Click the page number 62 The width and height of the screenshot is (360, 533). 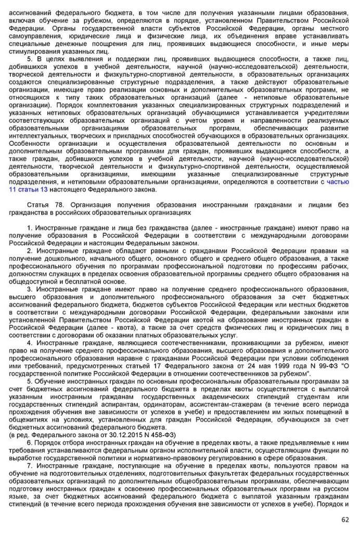tap(345, 519)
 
